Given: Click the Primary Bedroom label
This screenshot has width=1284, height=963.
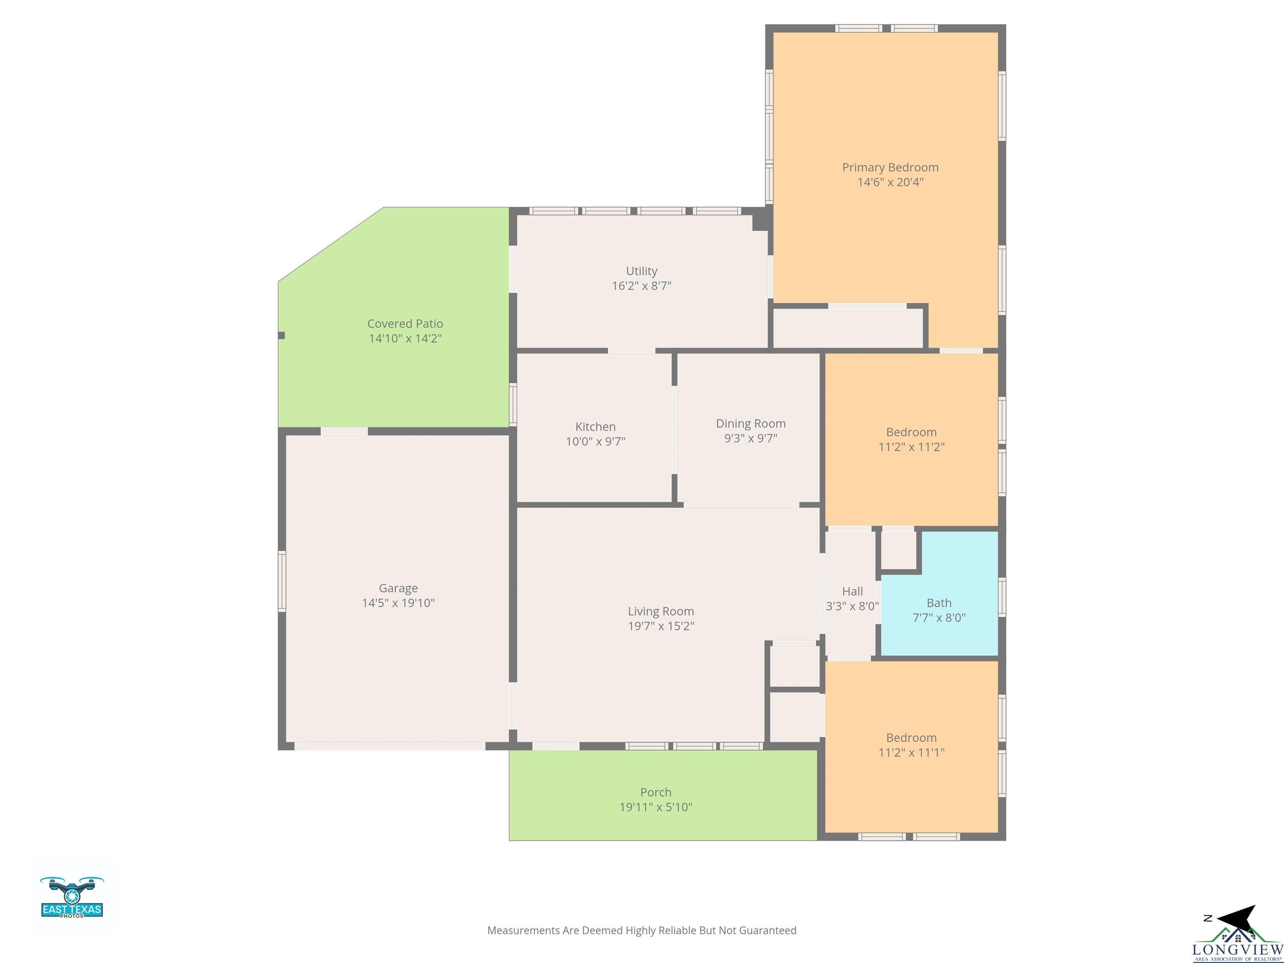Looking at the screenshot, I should coord(890,167).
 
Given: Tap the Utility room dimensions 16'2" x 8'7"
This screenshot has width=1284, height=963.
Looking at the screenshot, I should coord(642,285).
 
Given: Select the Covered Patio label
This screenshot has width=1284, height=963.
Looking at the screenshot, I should coord(405,324).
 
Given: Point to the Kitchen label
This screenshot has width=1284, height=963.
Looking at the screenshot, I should coord(595,427).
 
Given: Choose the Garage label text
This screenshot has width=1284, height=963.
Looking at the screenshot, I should coord(398,588).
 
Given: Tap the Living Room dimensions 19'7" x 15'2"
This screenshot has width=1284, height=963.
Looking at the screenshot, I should coord(660,626).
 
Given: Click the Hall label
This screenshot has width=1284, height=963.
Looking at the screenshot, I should coord(852,591).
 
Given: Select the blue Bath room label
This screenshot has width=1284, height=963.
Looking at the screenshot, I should coord(939,603).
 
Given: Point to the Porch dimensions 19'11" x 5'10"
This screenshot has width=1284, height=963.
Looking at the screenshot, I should coord(655,807).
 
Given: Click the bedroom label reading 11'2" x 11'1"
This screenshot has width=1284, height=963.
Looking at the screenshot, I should coord(911,752).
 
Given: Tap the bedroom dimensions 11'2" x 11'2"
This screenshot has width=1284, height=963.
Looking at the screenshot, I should coord(911,447).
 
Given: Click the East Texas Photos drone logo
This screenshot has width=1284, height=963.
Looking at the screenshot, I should coord(72,897).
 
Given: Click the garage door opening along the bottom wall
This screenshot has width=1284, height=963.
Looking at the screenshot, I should coord(390,746).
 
